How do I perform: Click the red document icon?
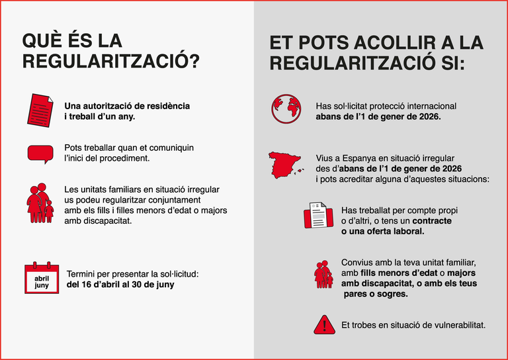point(40,110)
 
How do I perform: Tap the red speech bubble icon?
point(40,154)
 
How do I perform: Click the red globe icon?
point(286,109)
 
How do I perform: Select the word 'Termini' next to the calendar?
point(83,274)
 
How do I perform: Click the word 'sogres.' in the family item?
point(391,294)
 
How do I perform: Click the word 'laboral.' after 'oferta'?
point(405,232)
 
